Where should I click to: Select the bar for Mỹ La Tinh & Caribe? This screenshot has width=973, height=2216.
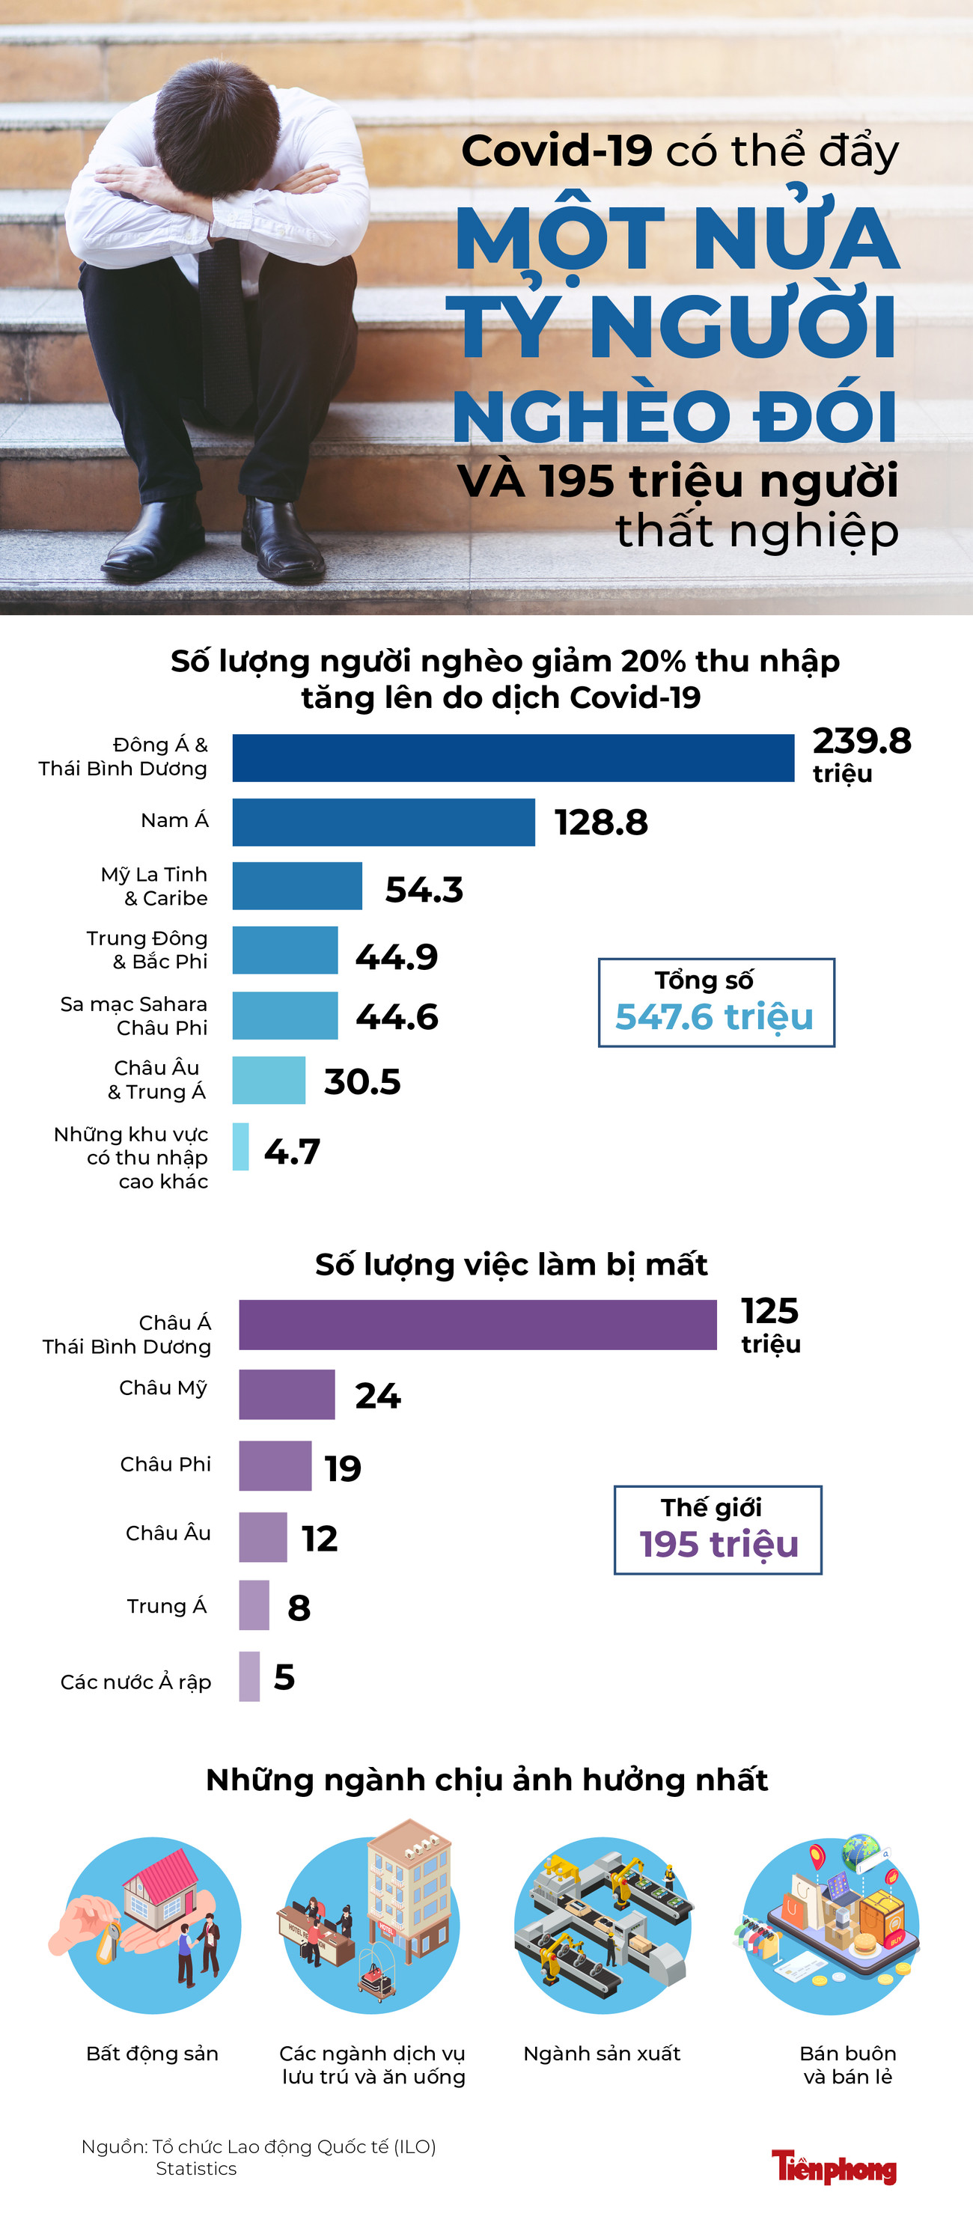[x=297, y=885]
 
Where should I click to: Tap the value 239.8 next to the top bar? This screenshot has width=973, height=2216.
[x=861, y=741]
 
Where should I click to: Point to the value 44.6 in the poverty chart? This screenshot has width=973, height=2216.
[x=397, y=1017]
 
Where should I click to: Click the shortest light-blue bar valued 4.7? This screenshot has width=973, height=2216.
[x=241, y=1146]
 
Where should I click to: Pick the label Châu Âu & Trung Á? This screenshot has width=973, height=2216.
[x=157, y=1080]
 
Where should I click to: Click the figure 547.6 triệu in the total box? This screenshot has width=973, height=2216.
[x=714, y=1017]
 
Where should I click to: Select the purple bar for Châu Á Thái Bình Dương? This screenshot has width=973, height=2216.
[x=478, y=1325]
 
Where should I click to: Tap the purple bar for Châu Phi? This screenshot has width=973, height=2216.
[x=275, y=1465]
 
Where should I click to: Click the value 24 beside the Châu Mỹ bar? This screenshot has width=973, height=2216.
[x=378, y=1395]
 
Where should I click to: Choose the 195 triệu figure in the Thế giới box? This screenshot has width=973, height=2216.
[x=719, y=1544]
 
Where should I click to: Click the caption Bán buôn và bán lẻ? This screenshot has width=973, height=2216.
[x=847, y=2065]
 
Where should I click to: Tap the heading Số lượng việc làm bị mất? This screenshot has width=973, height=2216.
[x=511, y=1264]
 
